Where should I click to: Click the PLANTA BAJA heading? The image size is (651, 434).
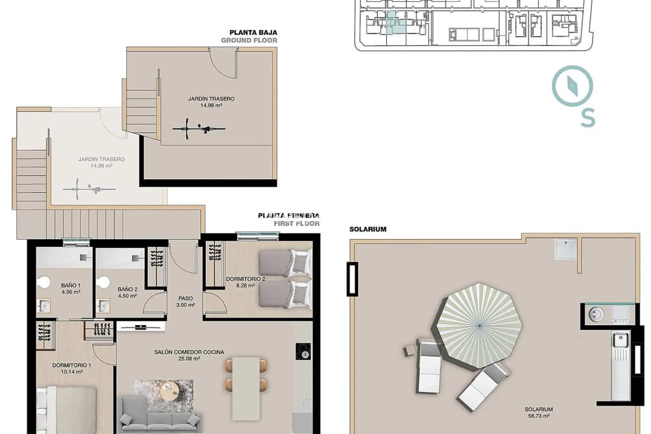(253, 33)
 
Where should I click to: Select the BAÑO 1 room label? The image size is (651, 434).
(71, 285)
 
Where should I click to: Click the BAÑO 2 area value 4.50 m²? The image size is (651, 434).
(127, 296)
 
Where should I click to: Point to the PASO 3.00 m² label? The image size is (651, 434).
(185, 302)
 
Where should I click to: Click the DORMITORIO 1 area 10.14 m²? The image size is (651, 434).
(72, 372)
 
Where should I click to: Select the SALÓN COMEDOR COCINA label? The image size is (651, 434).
(189, 352)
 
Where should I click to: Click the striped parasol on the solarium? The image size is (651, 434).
(480, 325)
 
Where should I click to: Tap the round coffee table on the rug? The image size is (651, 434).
(169, 392)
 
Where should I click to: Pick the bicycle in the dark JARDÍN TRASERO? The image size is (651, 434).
(199, 129)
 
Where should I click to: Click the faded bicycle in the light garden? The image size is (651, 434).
(89, 189)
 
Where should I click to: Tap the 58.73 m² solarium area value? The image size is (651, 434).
(539, 416)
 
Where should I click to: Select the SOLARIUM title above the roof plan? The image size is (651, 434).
(368, 229)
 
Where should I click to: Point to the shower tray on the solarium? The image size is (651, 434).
(566, 249)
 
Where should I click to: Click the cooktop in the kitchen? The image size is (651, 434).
(303, 351)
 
